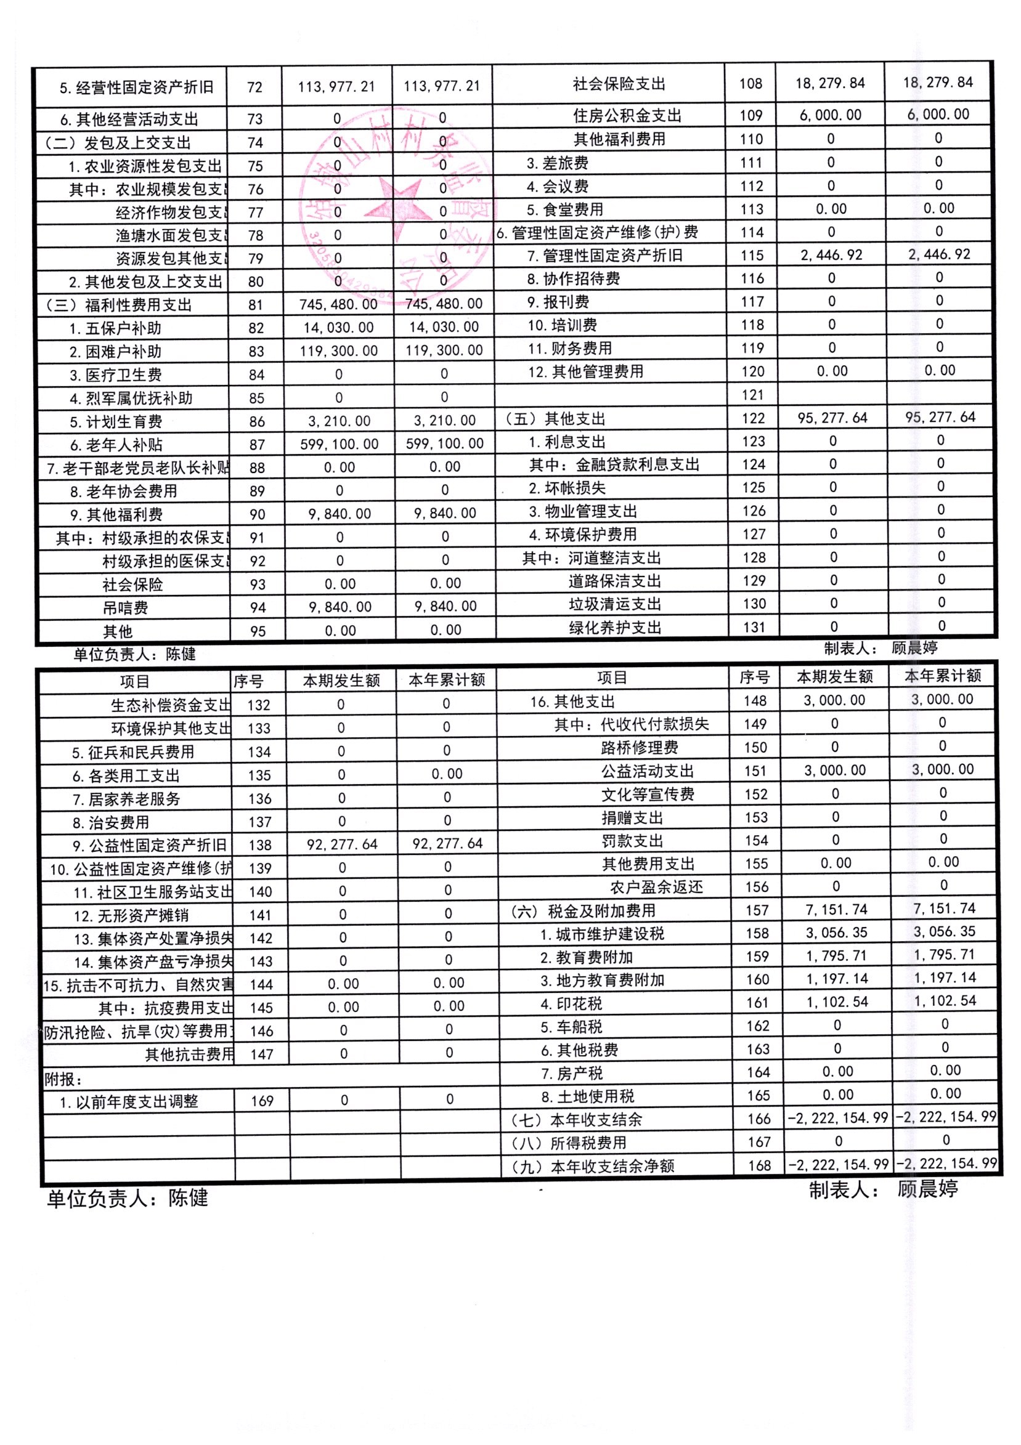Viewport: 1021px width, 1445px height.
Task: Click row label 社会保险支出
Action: point(619,84)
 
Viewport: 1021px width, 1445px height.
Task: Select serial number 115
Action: point(752,256)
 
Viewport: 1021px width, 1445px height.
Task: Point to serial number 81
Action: point(256,306)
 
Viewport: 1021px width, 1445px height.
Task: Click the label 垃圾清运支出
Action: point(615,604)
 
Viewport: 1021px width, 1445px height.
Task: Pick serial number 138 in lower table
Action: point(259,845)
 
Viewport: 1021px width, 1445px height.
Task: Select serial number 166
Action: point(759,1119)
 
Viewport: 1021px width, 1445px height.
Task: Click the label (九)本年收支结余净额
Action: point(592,1166)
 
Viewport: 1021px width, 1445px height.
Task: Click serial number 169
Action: point(262,1101)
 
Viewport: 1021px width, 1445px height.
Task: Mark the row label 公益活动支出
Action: point(647,771)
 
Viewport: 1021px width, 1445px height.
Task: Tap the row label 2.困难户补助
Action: point(115,352)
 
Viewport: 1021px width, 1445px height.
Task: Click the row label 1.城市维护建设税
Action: point(602,934)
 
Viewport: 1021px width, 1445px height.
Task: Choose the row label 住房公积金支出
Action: point(627,116)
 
